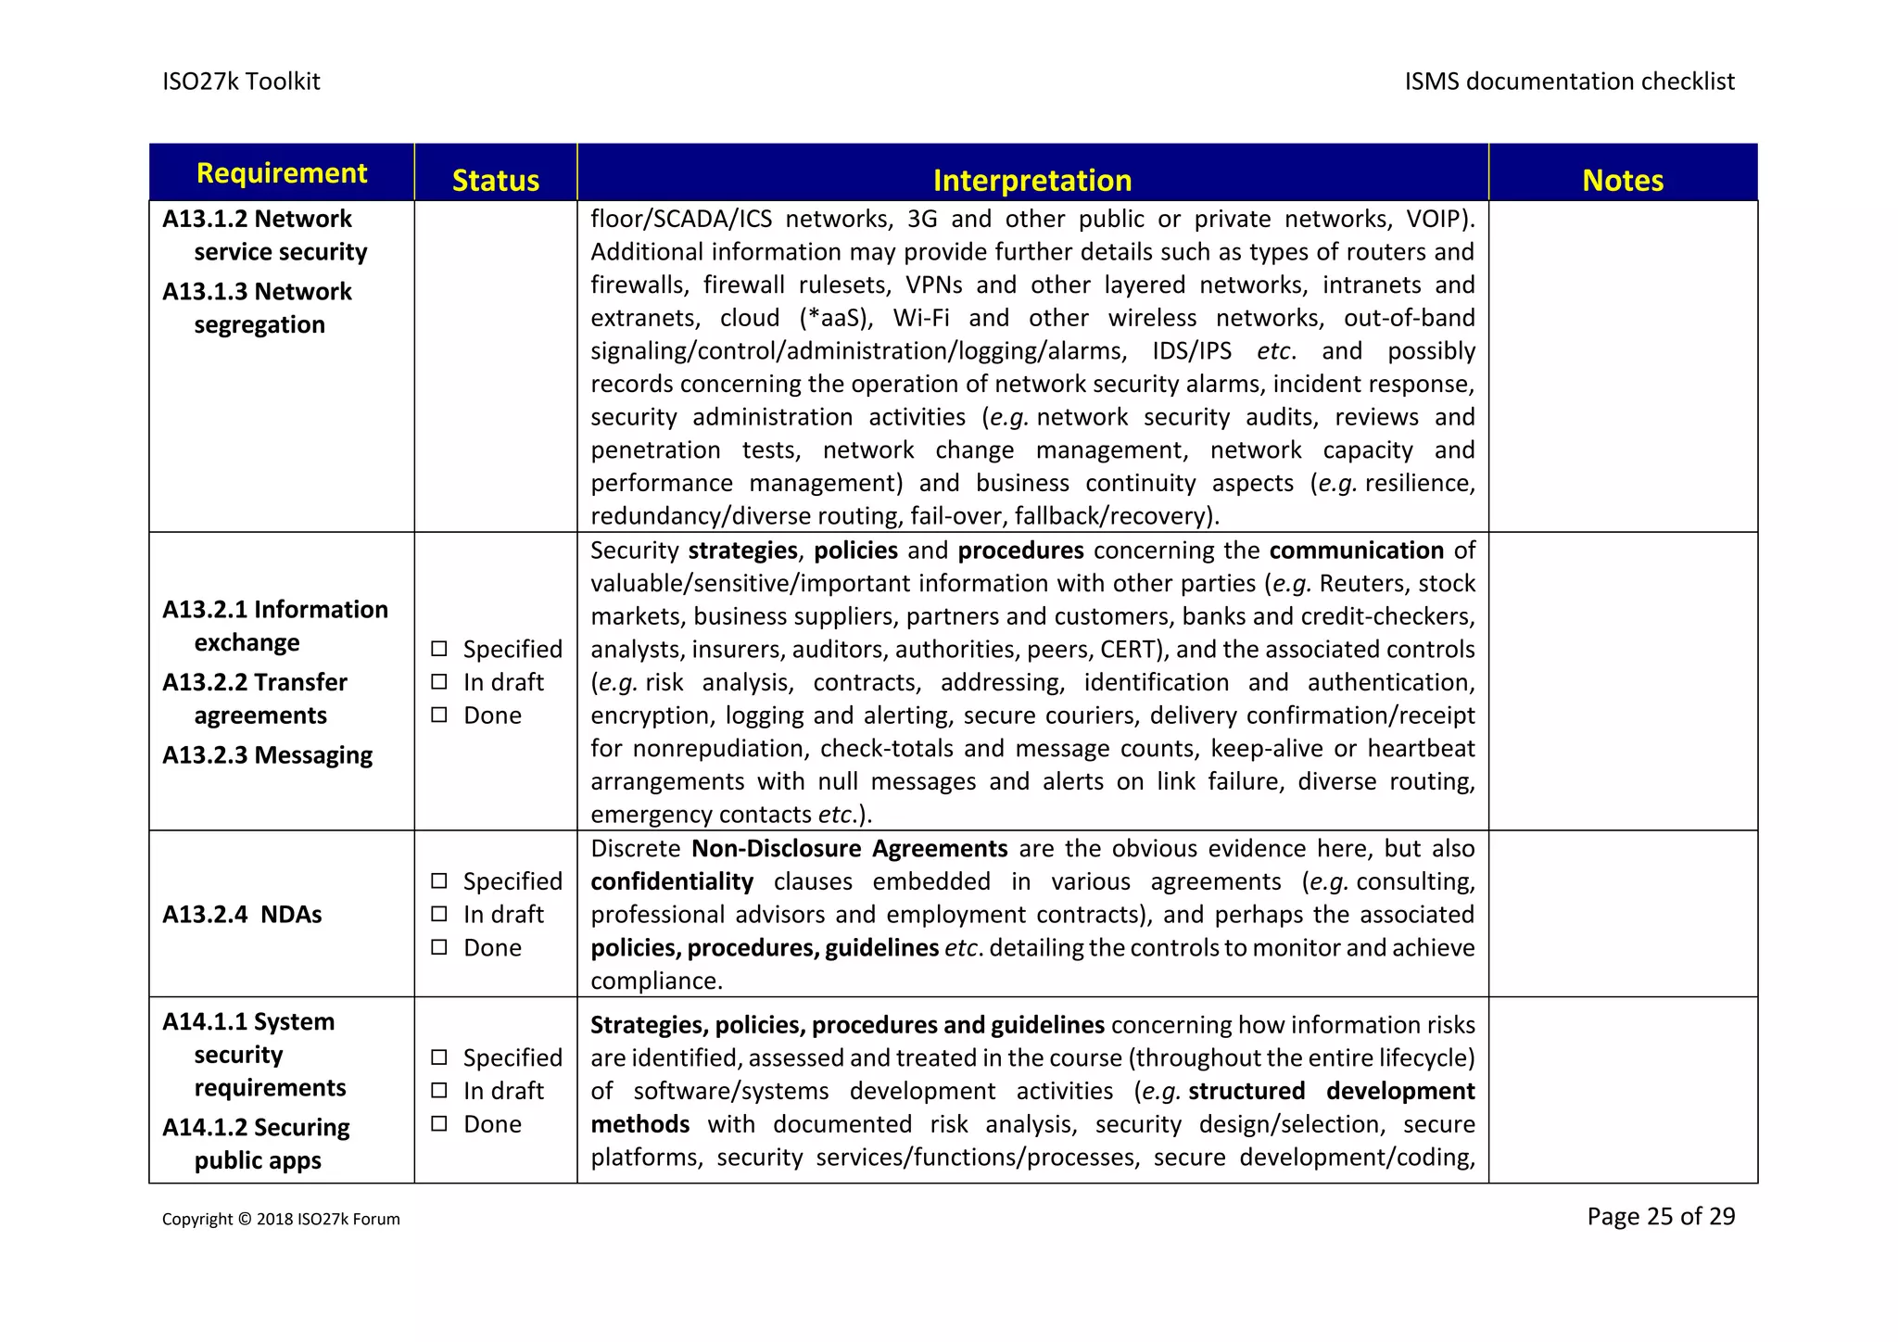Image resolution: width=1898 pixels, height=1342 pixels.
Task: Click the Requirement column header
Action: click(282, 173)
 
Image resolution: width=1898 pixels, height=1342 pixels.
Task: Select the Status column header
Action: click(495, 180)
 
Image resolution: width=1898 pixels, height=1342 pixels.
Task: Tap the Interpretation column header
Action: click(1031, 180)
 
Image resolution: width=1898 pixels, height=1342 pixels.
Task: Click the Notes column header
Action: click(1622, 180)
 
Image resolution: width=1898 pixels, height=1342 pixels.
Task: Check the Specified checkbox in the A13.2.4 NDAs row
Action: click(439, 880)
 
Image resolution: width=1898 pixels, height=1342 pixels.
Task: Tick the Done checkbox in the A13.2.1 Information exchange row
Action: click(439, 715)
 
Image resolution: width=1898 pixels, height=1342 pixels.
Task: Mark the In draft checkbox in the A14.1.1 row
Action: click(439, 1090)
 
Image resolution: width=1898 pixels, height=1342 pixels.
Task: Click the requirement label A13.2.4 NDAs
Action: click(242, 914)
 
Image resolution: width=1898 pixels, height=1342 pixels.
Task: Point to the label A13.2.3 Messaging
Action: click(267, 754)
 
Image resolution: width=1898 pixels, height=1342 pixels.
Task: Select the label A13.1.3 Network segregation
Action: click(258, 308)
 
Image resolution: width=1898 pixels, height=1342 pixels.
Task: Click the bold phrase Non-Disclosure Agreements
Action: click(849, 848)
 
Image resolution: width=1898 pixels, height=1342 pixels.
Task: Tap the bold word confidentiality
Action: click(672, 881)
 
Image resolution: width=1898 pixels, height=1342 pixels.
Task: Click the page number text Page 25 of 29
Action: click(1660, 1216)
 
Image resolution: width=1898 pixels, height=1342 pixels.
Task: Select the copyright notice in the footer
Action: click(281, 1219)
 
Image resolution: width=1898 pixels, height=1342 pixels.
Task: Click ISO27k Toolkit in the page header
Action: click(241, 82)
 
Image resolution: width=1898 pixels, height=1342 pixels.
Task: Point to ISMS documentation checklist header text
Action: click(1568, 82)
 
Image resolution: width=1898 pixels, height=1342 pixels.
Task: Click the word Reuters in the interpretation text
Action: click(1360, 583)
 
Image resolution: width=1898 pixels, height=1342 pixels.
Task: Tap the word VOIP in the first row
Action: click(1435, 219)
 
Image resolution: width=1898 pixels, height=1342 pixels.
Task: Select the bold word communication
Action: click(1356, 550)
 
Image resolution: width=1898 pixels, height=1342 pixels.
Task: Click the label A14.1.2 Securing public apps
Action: click(256, 1144)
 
